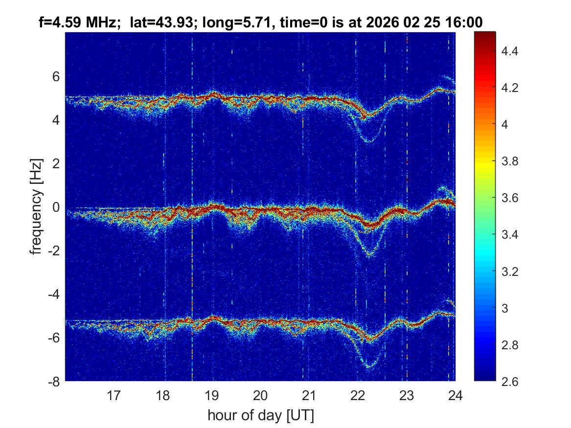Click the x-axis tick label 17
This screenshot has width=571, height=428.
click(114, 395)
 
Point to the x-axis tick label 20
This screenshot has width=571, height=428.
click(260, 395)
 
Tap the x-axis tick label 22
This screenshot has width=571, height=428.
click(358, 395)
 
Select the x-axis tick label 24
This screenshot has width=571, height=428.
click(456, 395)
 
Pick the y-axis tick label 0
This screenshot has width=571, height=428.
click(56, 207)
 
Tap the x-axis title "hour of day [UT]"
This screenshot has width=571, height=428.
click(260, 415)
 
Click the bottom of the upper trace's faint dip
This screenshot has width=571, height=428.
click(369, 141)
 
